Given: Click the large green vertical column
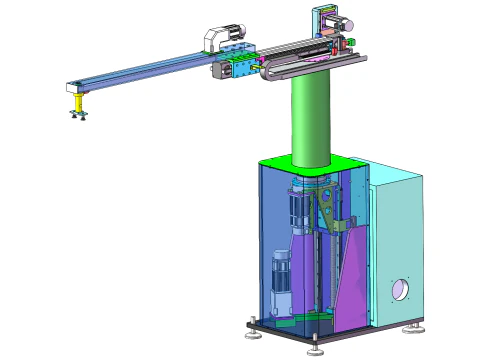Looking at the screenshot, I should pyautogui.click(x=310, y=120).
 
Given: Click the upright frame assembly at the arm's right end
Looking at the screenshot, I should pyautogui.click(x=332, y=30).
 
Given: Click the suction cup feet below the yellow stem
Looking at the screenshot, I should pyautogui.click(x=77, y=118).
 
